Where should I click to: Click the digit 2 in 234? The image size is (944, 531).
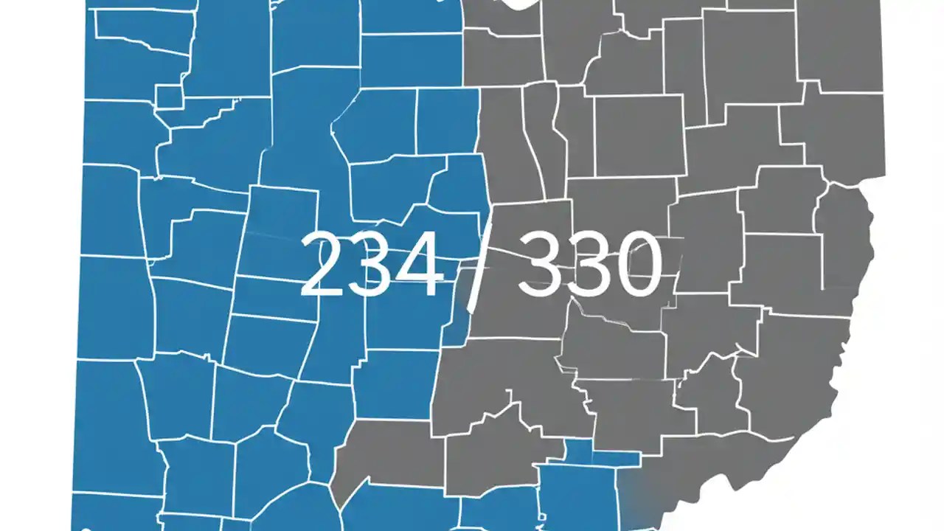(x=325, y=264)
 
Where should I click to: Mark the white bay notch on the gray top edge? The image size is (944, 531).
(x=519, y=6)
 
